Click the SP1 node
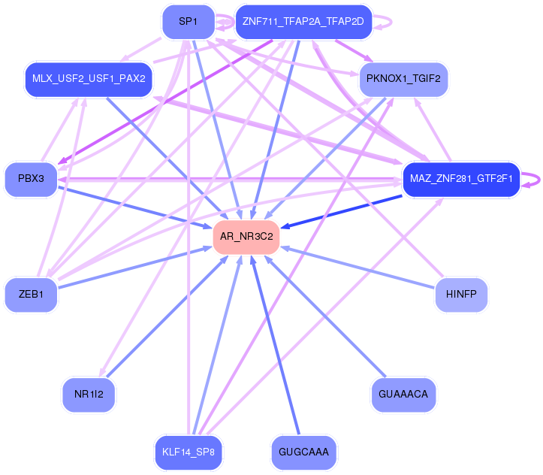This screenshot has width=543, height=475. click(188, 23)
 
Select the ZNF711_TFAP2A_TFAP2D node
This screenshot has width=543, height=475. click(303, 22)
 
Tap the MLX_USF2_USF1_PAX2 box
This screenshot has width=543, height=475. click(89, 79)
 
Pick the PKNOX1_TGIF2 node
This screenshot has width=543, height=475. click(403, 79)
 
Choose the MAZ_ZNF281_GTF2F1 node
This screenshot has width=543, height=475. click(461, 180)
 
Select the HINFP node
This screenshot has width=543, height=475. click(461, 295)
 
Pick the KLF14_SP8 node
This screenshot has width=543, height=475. click(189, 452)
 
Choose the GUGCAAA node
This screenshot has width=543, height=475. click(303, 452)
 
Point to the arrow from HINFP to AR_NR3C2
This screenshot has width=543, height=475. click(360, 268)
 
